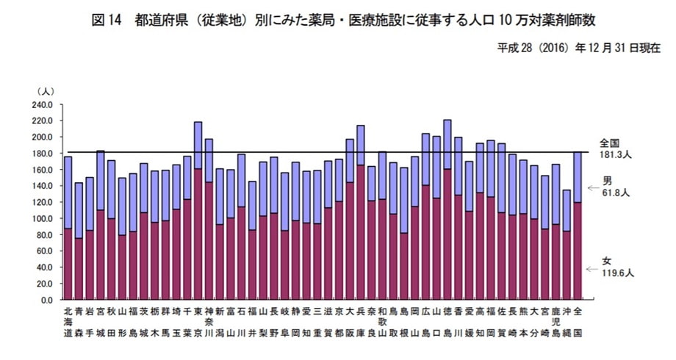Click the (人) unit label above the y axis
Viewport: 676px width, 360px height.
(x=45, y=90)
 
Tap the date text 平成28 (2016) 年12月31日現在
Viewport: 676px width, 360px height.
(x=575, y=48)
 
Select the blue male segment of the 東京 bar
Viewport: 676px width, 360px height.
(x=198, y=145)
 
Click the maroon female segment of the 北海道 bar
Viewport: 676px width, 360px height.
(x=68, y=264)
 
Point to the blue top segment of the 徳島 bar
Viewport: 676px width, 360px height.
(x=447, y=144)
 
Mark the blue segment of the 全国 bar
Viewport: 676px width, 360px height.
(x=578, y=177)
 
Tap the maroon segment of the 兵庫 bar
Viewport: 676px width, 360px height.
(x=361, y=232)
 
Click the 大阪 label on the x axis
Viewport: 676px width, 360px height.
(x=350, y=321)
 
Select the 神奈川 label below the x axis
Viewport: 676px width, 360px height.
(x=209, y=321)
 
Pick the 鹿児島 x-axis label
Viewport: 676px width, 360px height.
(x=555, y=321)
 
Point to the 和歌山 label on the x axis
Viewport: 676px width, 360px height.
(x=382, y=321)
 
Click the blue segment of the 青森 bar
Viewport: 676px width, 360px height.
(x=79, y=210)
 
